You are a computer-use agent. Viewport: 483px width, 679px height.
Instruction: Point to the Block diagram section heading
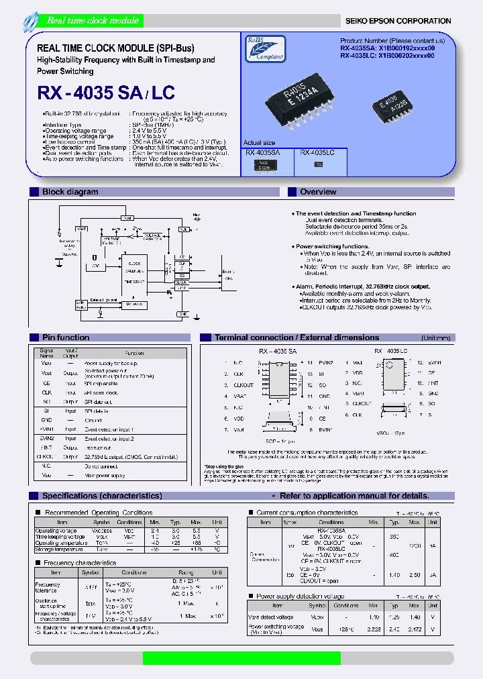(70, 192)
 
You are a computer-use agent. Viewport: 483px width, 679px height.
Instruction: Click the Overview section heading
(318, 192)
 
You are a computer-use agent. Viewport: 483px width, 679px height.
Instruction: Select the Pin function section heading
(65, 337)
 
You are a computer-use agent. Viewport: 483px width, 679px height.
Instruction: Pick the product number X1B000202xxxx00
(407, 56)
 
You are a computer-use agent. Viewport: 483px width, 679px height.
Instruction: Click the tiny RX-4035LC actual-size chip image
(318, 164)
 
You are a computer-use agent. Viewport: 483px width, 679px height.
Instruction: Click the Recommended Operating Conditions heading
(98, 513)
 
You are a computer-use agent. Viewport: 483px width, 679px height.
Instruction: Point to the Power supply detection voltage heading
(300, 596)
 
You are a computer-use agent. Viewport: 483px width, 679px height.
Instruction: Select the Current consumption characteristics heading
(307, 513)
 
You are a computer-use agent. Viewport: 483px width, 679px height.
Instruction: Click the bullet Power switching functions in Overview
(333, 246)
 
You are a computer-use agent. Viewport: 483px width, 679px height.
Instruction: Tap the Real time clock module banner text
(83, 21)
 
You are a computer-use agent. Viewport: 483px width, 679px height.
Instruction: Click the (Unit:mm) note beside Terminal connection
(435, 338)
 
